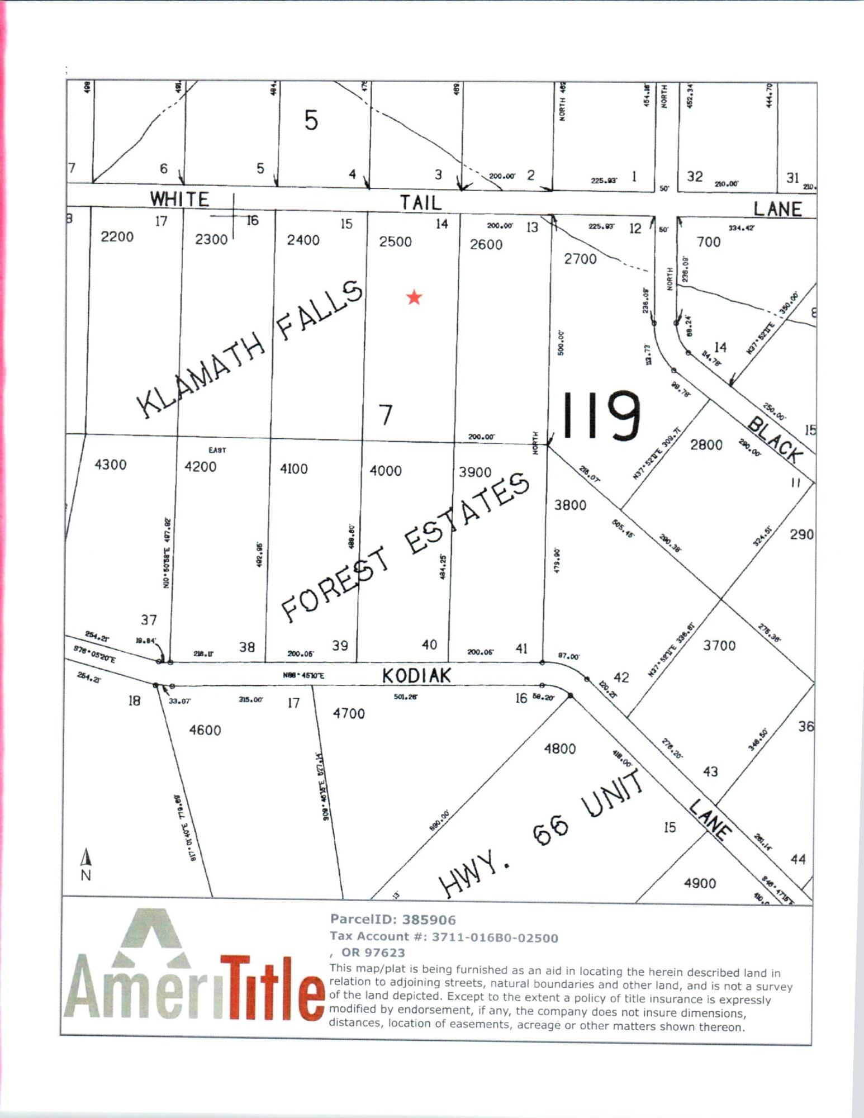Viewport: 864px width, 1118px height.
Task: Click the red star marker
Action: [x=414, y=297]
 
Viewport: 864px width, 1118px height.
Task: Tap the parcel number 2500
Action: [x=395, y=242]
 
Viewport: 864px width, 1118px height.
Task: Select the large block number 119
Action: [x=601, y=416]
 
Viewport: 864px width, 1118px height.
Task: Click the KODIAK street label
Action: [x=416, y=676]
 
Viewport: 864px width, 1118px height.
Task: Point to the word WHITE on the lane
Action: [x=179, y=199]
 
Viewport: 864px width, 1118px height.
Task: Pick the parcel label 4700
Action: [x=349, y=713]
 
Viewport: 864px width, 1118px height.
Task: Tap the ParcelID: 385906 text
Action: [x=393, y=920]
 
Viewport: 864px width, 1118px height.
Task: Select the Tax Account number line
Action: [x=444, y=937]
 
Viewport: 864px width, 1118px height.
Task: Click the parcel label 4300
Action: [x=111, y=465]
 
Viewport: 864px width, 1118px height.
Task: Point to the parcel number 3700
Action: [x=719, y=646]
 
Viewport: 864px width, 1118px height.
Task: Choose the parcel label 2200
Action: [x=117, y=237]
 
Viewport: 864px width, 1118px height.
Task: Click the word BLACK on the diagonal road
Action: [x=774, y=440]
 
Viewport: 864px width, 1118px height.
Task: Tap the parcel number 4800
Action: [x=559, y=749]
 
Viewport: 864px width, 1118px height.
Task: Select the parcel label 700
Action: [x=709, y=242]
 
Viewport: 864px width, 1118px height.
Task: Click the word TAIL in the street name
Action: [x=420, y=202]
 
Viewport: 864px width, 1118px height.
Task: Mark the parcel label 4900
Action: [x=700, y=883]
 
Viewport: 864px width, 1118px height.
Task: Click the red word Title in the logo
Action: [x=272, y=988]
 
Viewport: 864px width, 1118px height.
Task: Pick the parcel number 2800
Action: [x=706, y=445]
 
